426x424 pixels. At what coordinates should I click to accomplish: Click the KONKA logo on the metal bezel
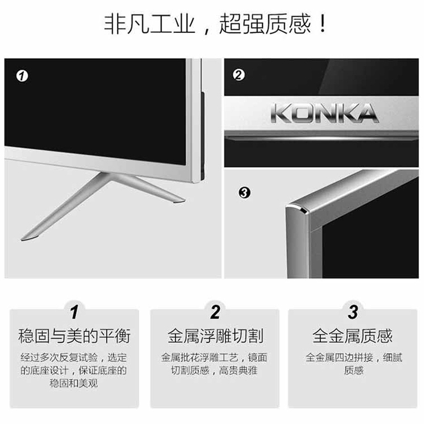tap(325, 113)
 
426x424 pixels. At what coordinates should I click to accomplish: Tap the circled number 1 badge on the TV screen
tap(22, 75)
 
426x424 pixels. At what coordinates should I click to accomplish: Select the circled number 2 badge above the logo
tap(239, 75)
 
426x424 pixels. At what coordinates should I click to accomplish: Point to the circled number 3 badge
tap(244, 193)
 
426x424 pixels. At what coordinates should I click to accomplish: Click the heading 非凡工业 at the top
tap(150, 24)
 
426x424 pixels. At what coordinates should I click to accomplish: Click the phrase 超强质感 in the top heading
tap(265, 24)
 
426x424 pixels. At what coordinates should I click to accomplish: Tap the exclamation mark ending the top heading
tap(323, 24)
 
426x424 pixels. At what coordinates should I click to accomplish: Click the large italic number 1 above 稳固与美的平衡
tap(74, 312)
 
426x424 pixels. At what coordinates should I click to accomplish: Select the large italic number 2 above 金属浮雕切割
tap(215, 312)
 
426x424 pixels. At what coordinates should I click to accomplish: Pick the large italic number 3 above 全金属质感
tap(353, 312)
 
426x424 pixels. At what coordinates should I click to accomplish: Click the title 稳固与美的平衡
tap(74, 336)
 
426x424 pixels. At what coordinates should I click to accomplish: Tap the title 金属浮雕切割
tap(215, 336)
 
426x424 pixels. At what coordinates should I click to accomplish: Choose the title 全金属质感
tap(353, 336)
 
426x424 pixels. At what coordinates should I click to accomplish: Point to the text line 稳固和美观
tap(74, 383)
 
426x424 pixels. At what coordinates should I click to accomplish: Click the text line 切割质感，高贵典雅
tap(214, 370)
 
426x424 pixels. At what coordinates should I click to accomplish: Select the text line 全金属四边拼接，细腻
tap(354, 358)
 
